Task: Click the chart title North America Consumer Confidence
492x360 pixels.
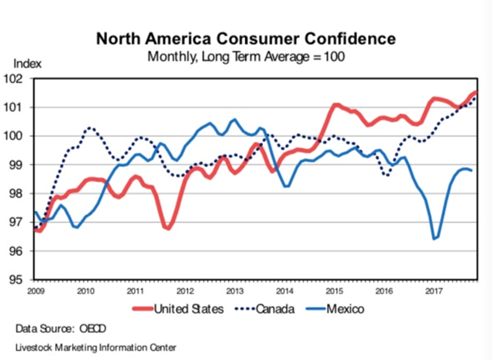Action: click(246, 39)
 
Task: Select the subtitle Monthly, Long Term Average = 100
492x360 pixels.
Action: click(246, 57)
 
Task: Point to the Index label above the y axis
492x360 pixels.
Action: click(25, 64)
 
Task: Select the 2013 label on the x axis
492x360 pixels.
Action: click(234, 290)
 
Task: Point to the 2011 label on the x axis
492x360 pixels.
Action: click(135, 290)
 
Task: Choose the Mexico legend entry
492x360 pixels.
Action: click(344, 309)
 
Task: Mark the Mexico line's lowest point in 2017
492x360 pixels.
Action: click(434, 238)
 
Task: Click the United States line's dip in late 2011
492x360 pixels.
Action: click(167, 228)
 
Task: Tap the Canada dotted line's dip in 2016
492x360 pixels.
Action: click(386, 175)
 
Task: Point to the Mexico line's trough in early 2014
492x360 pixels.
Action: click(286, 186)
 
